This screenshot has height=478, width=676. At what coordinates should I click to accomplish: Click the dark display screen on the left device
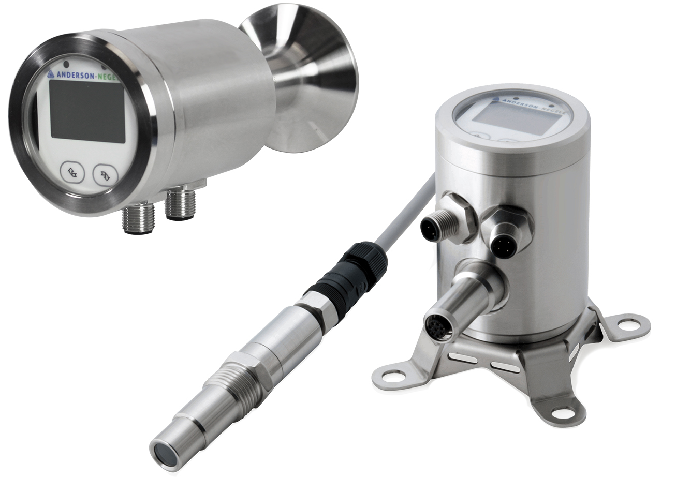[87, 111]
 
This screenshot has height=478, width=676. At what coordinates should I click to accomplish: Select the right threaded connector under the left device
[180, 204]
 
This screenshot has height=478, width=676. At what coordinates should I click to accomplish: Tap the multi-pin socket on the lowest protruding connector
[438, 327]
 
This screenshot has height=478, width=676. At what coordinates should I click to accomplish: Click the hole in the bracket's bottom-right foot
[564, 412]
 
